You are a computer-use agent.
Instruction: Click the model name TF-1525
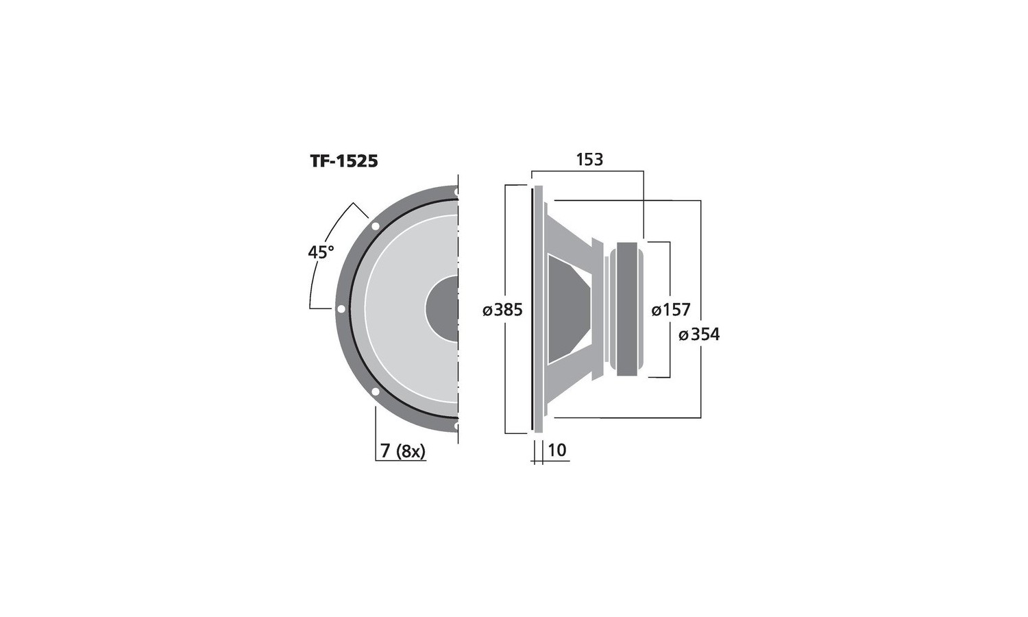344,161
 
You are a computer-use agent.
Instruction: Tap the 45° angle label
321,252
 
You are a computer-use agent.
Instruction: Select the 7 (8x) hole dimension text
402,451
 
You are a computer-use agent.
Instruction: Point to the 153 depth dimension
589,159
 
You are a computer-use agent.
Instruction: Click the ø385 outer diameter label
502,311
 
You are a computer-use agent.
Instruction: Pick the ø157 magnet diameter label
671,311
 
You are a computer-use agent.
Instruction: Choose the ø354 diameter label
699,335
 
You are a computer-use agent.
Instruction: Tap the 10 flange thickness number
556,450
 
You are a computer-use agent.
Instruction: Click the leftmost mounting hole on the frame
341,309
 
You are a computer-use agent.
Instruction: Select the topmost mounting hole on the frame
456,193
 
